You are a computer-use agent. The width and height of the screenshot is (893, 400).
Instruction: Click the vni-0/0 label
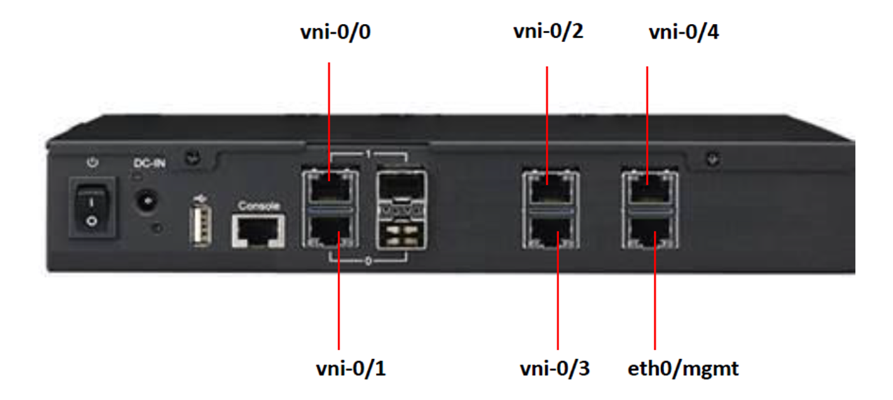[334, 32]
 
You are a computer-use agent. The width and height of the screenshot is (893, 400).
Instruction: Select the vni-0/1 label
[350, 369]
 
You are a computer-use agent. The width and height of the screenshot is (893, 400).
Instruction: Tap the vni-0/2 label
[548, 32]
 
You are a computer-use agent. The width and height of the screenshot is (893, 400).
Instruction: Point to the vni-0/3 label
[555, 369]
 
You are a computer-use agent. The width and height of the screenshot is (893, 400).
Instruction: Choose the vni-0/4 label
[684, 32]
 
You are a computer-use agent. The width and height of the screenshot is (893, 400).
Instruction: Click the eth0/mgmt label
[683, 369]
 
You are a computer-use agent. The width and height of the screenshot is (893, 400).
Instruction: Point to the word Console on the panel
[259, 206]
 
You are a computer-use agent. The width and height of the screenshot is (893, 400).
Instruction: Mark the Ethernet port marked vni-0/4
[647, 186]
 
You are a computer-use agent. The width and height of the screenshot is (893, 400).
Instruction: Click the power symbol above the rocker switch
[92, 163]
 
